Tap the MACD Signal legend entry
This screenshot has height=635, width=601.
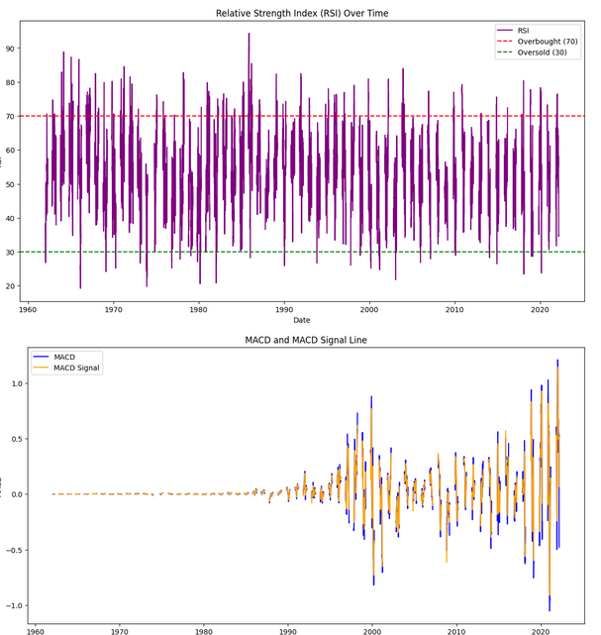78,369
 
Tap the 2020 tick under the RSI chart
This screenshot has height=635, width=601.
539,307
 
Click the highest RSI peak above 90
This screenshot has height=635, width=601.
249,34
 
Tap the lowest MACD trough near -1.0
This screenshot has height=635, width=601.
550,610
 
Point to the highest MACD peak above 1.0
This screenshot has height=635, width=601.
557,361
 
